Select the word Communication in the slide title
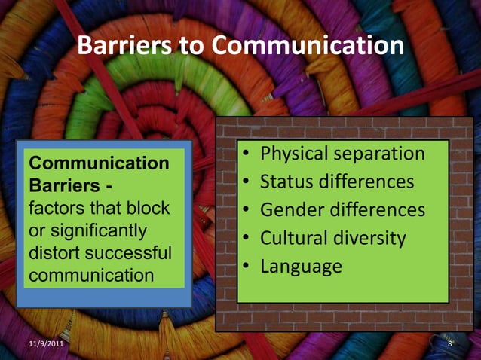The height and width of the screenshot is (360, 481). click(308, 47)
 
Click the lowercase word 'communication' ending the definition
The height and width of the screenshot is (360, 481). click(90, 275)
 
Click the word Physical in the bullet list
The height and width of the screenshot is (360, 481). click(294, 154)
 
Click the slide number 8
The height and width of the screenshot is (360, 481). click(450, 344)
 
